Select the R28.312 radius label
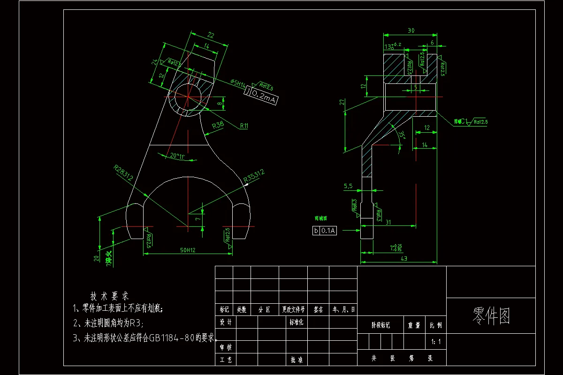[x=123, y=172]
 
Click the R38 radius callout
[x=218, y=126]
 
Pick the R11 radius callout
[x=244, y=126]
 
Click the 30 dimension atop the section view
[x=411, y=30]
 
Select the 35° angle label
[x=401, y=135]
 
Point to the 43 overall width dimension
[x=403, y=259]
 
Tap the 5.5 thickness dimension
[x=348, y=186]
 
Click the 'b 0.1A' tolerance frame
[x=325, y=230]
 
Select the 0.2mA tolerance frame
[x=261, y=97]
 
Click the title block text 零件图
[x=491, y=316]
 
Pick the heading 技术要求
[x=109, y=296]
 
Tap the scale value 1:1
[x=436, y=342]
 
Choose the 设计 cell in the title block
[x=226, y=322]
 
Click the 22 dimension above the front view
[x=211, y=35]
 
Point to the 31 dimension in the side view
[x=388, y=223]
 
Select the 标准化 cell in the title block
[x=297, y=322]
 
